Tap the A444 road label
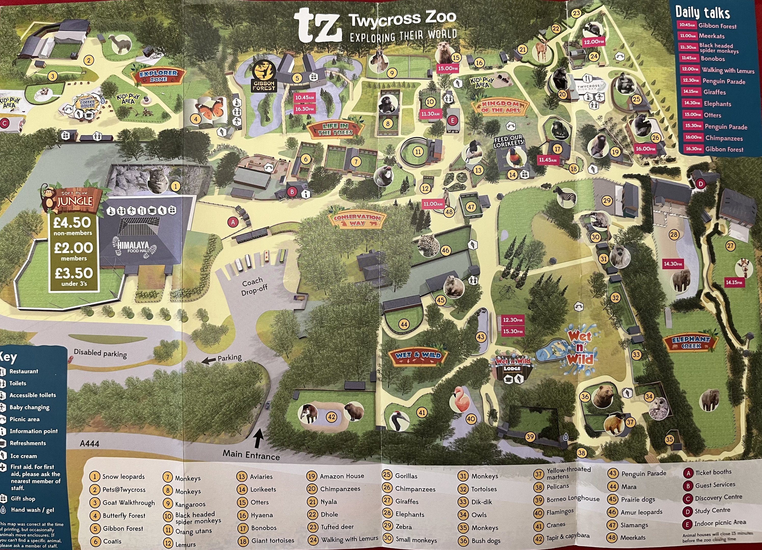point(89,444)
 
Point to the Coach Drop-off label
point(254,286)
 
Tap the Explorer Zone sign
point(158,76)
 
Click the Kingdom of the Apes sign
point(500,107)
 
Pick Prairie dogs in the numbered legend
point(638,499)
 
